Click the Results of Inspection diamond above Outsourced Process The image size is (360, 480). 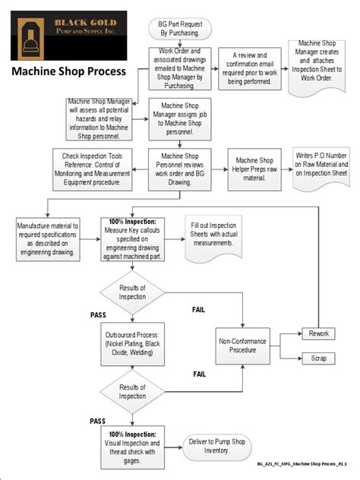coord(133,292)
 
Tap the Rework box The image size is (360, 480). coord(319,333)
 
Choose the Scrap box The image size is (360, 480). coord(319,358)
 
